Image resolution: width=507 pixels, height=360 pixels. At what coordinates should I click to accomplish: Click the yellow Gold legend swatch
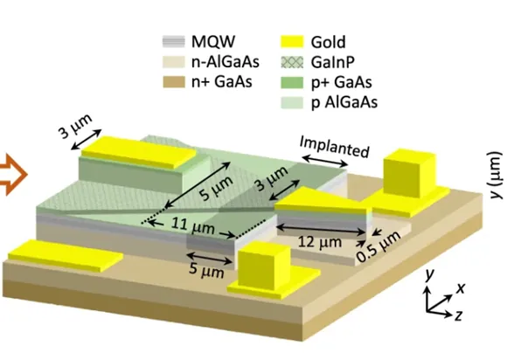point(292,42)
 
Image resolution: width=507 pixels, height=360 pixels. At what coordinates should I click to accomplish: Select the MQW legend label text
point(213,41)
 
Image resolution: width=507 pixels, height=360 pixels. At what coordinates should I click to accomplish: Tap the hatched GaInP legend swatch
point(292,62)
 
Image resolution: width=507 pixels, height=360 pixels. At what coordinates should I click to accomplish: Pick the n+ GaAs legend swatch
point(174,82)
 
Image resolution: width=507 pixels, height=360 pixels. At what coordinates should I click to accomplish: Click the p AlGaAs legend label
point(344,102)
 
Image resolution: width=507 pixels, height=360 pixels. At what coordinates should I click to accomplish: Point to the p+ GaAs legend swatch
point(292,82)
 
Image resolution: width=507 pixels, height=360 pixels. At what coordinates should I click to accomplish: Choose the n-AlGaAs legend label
point(225,62)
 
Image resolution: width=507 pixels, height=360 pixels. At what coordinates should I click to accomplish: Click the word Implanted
point(334,147)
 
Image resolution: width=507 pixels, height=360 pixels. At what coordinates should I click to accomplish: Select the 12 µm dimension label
point(319,242)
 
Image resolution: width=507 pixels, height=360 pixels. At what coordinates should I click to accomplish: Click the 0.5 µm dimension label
point(379,247)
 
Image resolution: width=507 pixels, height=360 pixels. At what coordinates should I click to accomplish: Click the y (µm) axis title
point(496,175)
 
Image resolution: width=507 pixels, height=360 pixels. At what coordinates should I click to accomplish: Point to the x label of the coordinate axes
point(461,287)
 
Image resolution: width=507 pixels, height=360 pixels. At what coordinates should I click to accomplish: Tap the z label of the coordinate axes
point(458,315)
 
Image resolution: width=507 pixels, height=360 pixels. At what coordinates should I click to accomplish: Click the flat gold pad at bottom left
point(66,255)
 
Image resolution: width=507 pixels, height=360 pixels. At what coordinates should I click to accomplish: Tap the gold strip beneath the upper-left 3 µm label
point(139,152)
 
